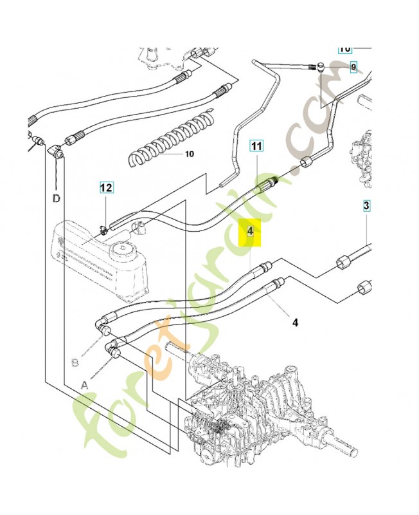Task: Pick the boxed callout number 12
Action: tap(106, 188)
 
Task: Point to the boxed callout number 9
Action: tap(353, 67)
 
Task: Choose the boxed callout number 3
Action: tap(366, 206)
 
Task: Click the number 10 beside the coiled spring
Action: tap(189, 154)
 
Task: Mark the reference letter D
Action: tap(57, 198)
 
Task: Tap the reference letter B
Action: tap(75, 362)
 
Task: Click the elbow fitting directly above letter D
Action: tap(56, 153)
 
